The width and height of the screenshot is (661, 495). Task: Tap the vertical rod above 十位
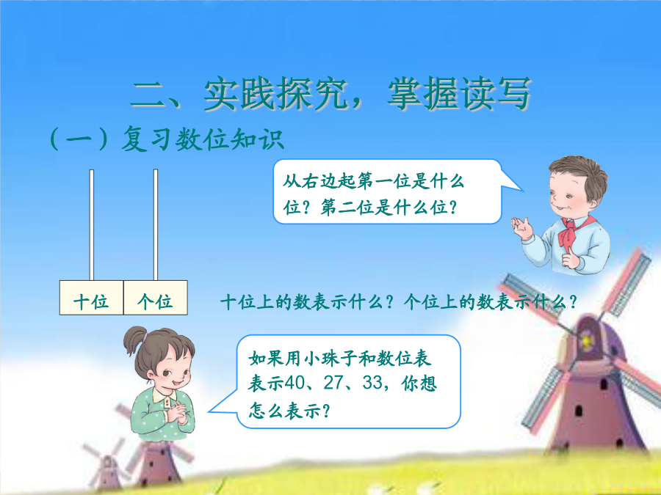[92, 225]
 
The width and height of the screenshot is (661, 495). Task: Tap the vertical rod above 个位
[156, 225]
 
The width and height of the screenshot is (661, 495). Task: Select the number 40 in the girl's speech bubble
[295, 383]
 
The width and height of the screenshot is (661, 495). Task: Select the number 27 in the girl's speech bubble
[333, 383]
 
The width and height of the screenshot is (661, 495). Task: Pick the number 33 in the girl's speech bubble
[372, 383]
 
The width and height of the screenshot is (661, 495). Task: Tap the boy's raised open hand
[522, 227]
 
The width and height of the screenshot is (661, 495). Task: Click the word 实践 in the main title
[240, 93]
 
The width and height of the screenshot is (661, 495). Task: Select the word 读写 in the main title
[495, 93]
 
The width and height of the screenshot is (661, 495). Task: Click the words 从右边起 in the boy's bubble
[319, 182]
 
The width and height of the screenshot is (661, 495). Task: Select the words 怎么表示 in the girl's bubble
[284, 410]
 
